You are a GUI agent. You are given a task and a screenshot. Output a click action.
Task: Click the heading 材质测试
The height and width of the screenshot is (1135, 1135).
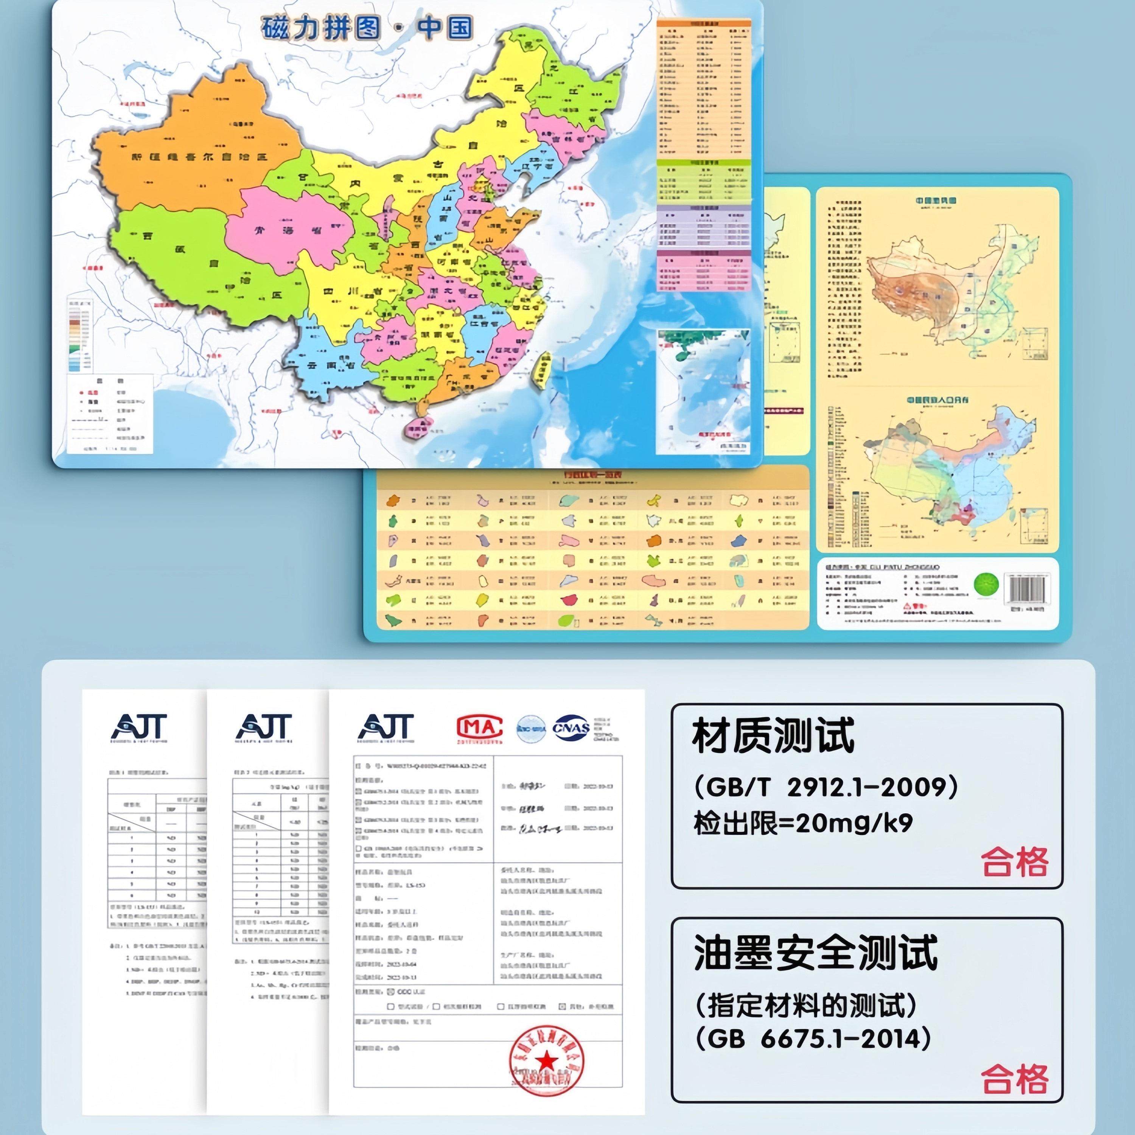point(773,737)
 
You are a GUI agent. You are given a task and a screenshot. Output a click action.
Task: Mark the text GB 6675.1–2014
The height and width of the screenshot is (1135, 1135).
point(814,1038)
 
